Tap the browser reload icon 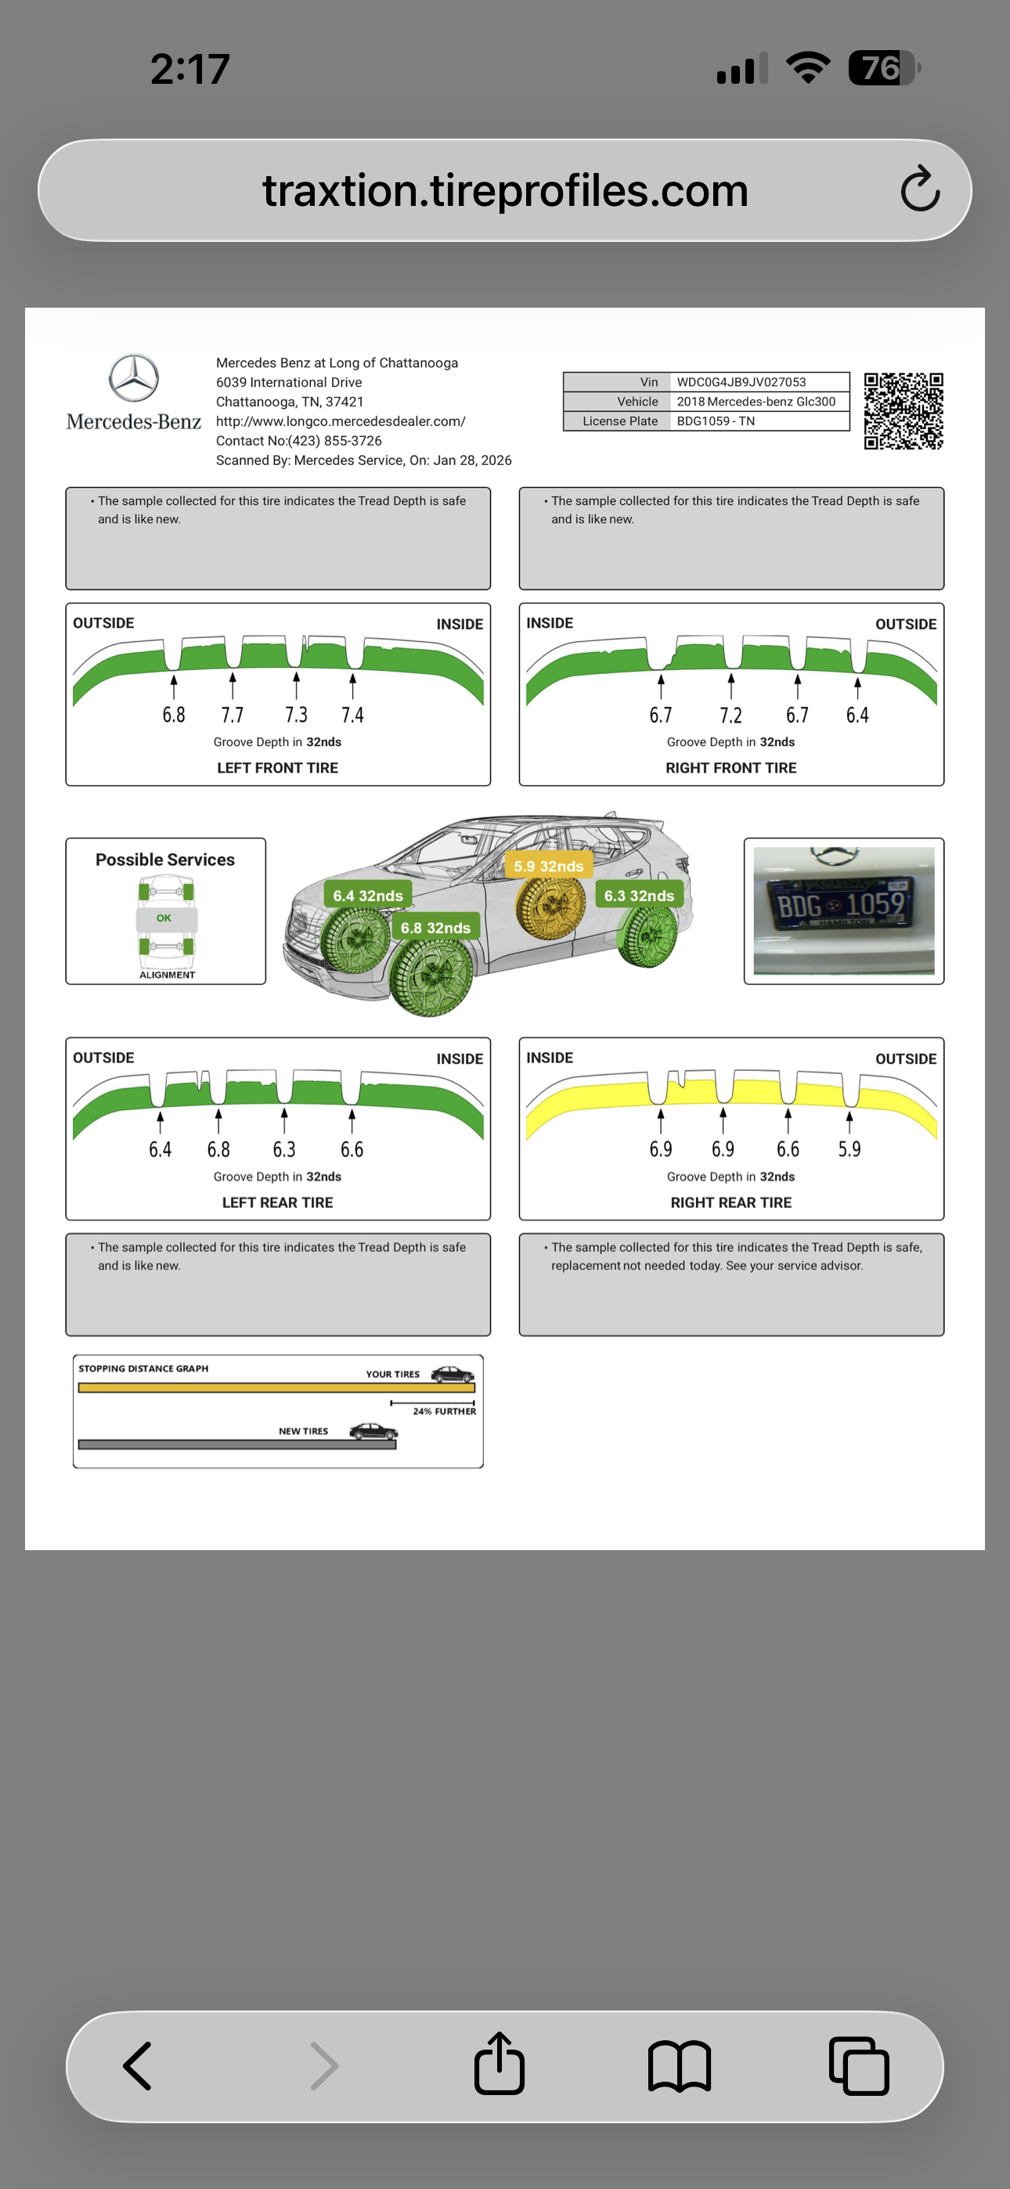[x=920, y=189]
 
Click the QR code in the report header [x=903, y=411]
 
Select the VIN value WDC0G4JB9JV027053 [x=741, y=382]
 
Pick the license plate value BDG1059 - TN [x=715, y=421]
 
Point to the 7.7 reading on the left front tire [x=232, y=716]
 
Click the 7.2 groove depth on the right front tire [x=730, y=716]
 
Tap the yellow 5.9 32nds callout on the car [x=548, y=867]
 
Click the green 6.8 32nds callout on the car [x=435, y=928]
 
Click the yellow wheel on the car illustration [x=551, y=907]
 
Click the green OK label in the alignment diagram [x=164, y=918]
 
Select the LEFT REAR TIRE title [x=277, y=1203]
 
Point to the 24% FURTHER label [x=444, y=1412]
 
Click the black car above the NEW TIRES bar [x=373, y=1432]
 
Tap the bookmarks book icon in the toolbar [x=680, y=2066]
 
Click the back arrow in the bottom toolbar [x=138, y=2066]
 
